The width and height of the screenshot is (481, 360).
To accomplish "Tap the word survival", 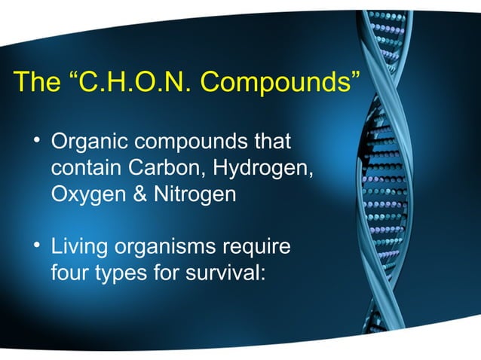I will (x=228, y=273).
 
